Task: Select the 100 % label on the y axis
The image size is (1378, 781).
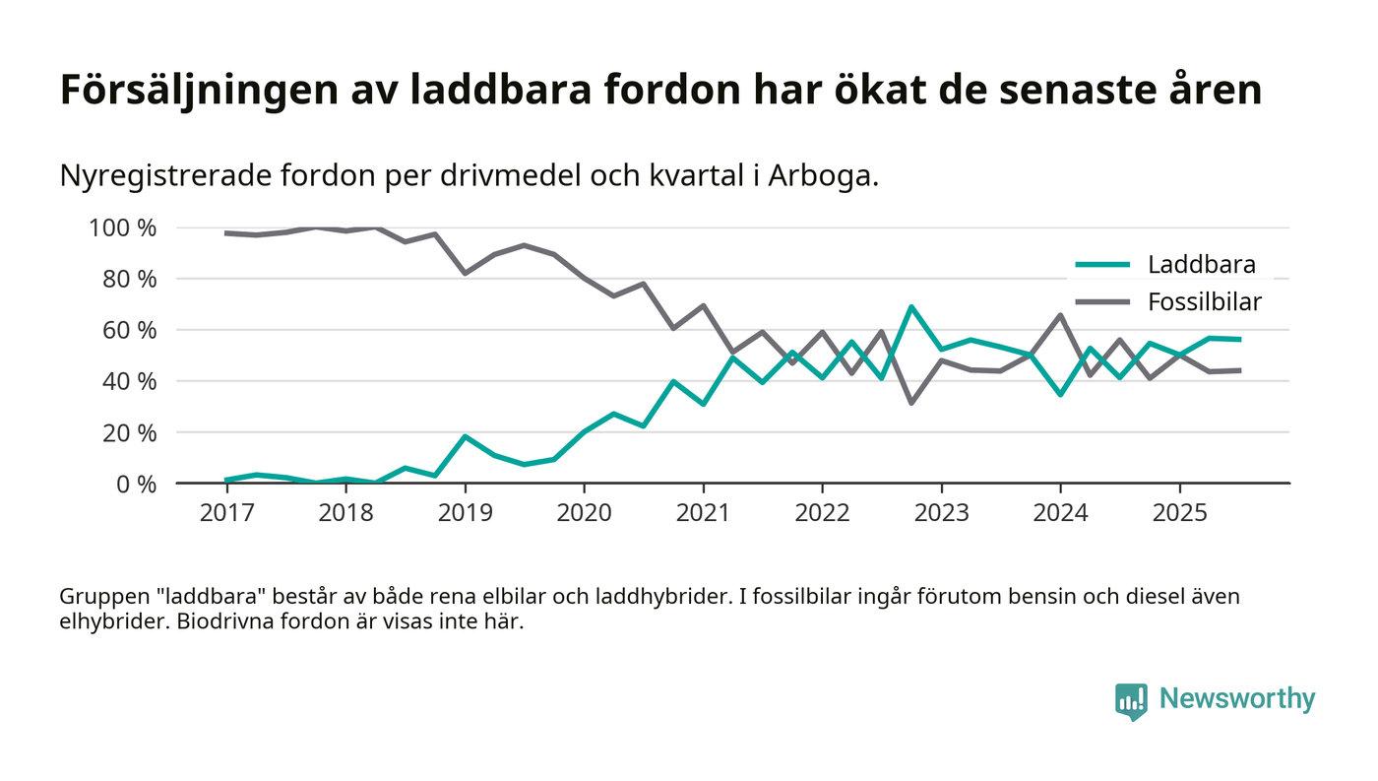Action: click(123, 228)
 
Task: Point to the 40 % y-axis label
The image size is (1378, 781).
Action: click(129, 381)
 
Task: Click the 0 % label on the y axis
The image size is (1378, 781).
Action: click(134, 484)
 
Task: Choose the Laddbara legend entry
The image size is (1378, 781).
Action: click(1201, 264)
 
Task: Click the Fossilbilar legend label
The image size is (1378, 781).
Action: click(1204, 301)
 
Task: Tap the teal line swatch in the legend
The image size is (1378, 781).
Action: click(1102, 264)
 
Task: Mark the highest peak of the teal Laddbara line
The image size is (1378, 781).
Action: click(911, 307)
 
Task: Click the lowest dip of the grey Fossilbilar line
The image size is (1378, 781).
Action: click(911, 403)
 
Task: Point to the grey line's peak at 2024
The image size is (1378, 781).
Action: click(1060, 315)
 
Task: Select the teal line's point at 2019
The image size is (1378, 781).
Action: click(465, 436)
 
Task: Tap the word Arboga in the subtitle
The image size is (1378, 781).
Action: click(825, 176)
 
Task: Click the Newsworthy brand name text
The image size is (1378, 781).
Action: click(1236, 699)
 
